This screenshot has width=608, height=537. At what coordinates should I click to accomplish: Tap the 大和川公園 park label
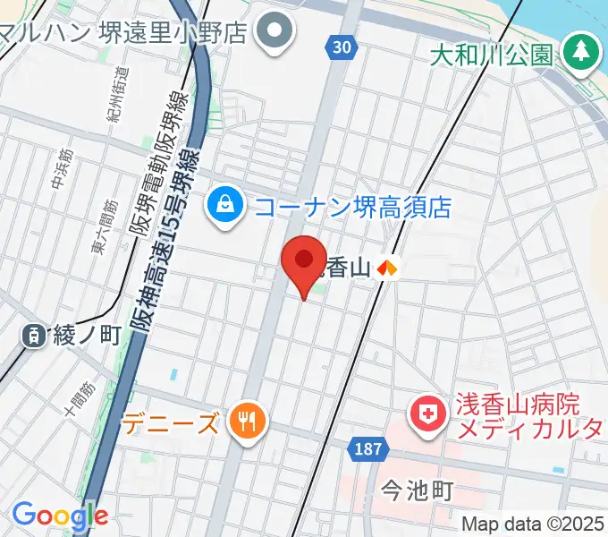click(494, 55)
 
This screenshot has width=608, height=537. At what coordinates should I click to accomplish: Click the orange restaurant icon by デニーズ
click(243, 421)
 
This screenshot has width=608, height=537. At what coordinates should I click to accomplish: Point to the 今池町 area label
click(417, 490)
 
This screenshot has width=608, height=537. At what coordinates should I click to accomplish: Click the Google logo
click(60, 516)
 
